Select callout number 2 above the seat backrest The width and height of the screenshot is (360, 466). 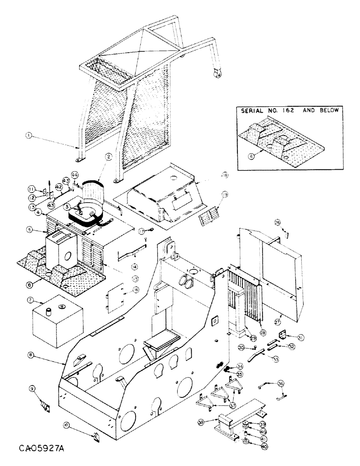(107, 158)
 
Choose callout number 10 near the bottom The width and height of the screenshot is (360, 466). (67, 425)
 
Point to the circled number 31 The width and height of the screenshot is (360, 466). (300, 338)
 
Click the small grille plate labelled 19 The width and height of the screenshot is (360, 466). (209, 217)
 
